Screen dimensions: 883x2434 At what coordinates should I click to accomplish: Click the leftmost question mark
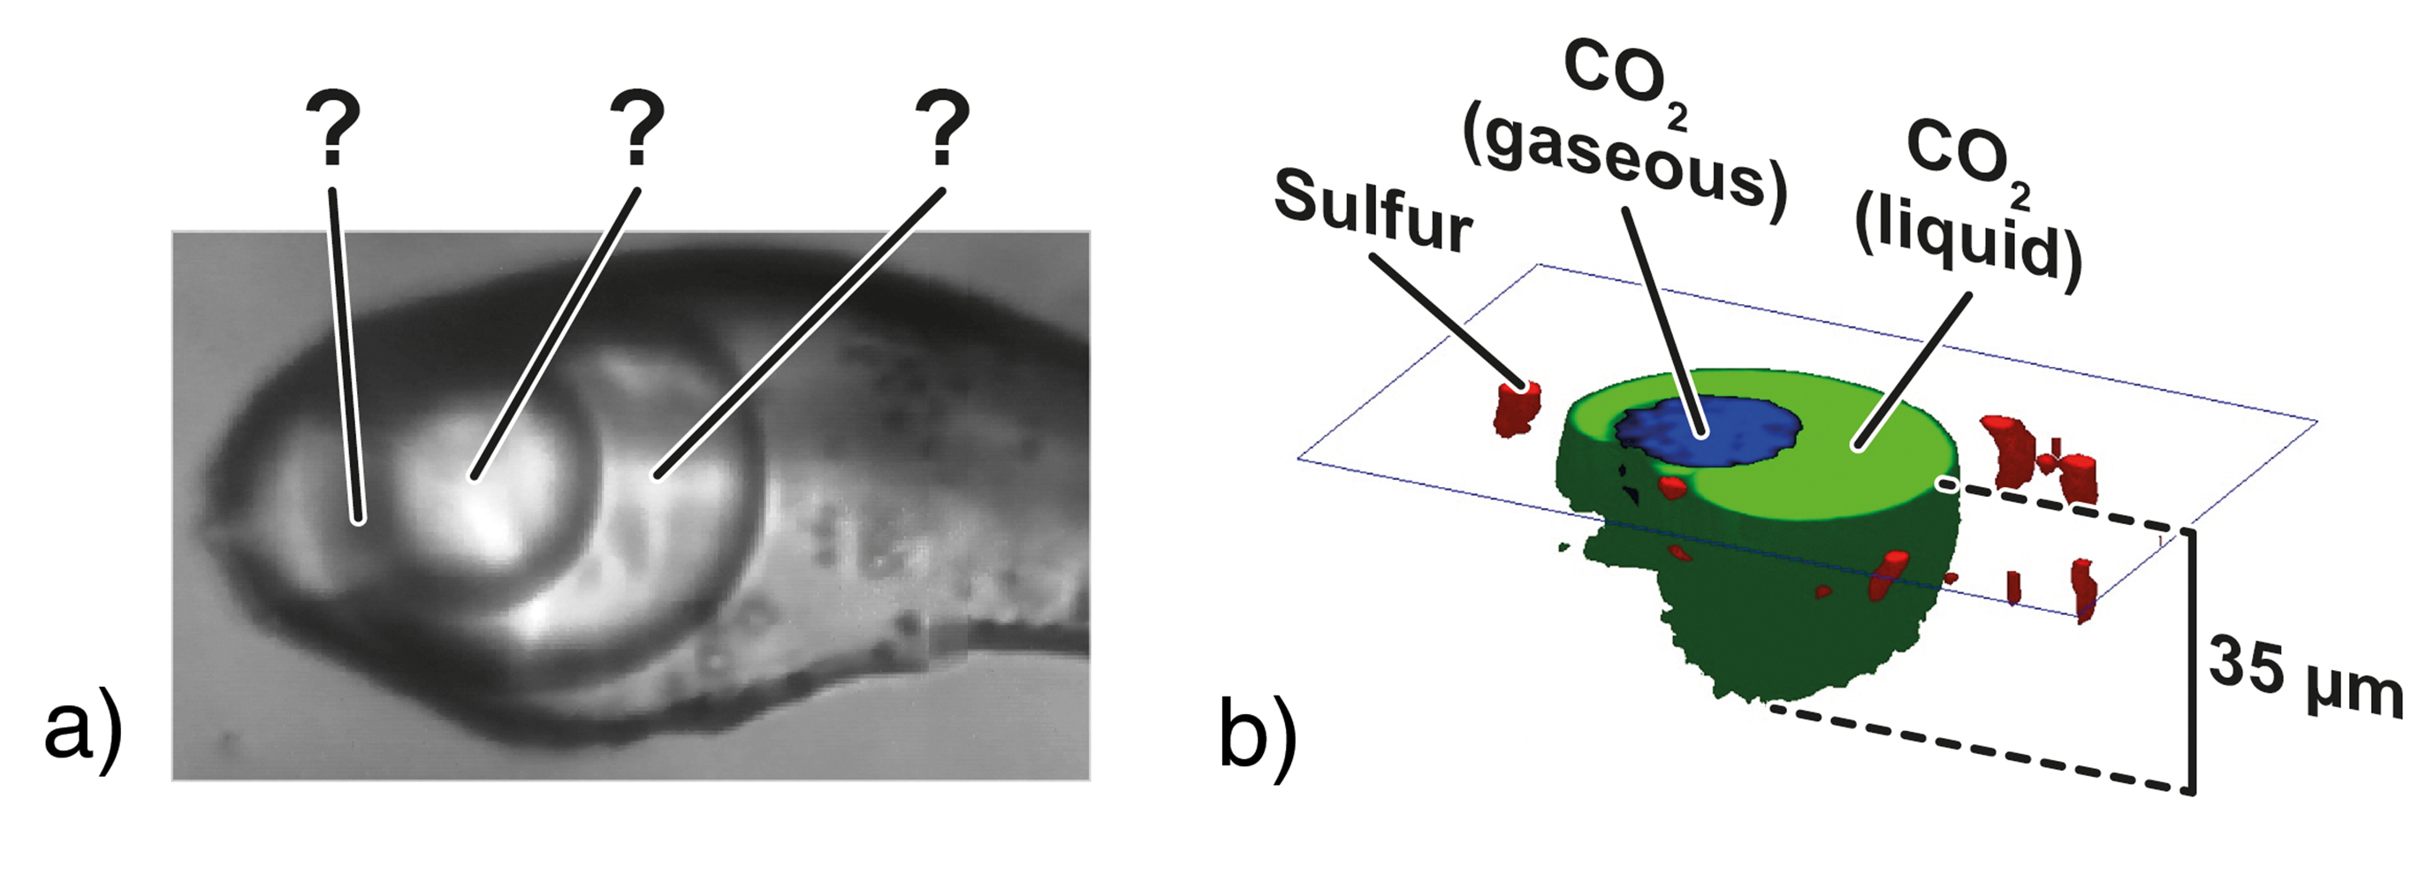tap(332, 127)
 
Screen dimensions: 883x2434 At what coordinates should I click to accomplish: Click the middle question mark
tap(638, 127)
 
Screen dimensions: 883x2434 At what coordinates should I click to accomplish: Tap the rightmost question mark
tap(942, 127)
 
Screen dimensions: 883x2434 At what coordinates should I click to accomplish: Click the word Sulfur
tap(1372, 213)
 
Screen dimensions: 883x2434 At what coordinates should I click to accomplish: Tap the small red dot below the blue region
tap(1672, 488)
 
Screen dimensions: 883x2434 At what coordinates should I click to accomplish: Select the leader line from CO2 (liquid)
tap(1913, 369)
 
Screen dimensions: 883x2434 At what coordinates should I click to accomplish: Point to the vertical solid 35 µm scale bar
tap(2191, 662)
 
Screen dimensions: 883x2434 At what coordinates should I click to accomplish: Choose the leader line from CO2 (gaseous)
tap(1663, 322)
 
